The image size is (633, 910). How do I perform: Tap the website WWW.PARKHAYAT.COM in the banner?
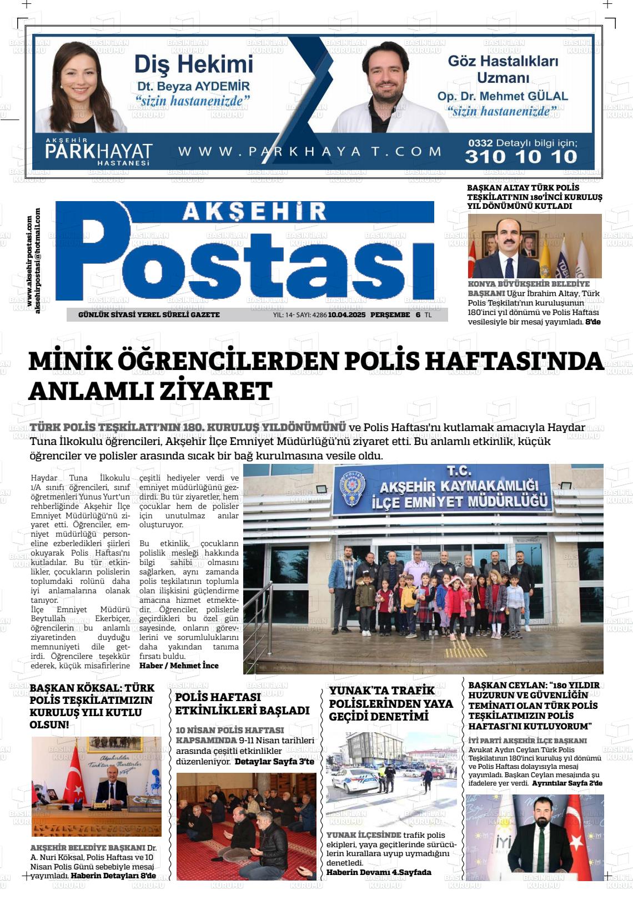pyautogui.click(x=310, y=151)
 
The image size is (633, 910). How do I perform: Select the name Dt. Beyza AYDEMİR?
pyautogui.click(x=193, y=87)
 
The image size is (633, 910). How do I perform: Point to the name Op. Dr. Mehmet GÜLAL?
pyautogui.click(x=503, y=96)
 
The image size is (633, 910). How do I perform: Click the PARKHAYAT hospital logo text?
pyautogui.click(x=98, y=151)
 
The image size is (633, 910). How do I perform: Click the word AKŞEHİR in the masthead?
pyautogui.click(x=254, y=211)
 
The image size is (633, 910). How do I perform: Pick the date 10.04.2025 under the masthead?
pyautogui.click(x=346, y=315)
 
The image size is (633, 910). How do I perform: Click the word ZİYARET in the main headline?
pyautogui.click(x=215, y=391)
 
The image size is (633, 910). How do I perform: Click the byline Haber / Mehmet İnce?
pyautogui.click(x=179, y=666)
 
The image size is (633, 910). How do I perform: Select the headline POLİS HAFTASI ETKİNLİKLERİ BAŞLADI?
pyautogui.click(x=242, y=703)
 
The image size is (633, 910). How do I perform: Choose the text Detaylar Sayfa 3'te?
pyautogui.click(x=274, y=761)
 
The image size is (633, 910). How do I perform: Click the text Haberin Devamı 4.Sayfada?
pyautogui.click(x=379, y=872)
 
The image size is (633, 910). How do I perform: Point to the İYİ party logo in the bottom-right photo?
pyautogui.click(x=505, y=843)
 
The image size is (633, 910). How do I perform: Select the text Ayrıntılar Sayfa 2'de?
pyautogui.click(x=567, y=783)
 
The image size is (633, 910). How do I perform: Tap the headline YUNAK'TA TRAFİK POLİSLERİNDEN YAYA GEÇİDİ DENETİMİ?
pyautogui.click(x=391, y=703)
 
